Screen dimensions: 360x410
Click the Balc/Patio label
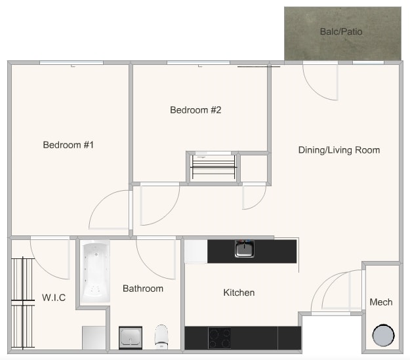pyautogui.click(x=341, y=31)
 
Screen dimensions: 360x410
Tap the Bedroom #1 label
pyautogui.click(x=69, y=145)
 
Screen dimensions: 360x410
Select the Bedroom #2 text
pyautogui.click(x=195, y=110)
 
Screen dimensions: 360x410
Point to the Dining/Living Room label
pyautogui.click(x=338, y=150)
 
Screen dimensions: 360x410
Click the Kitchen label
pyautogui.click(x=239, y=292)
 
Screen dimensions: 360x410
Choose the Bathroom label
pyautogui.click(x=143, y=289)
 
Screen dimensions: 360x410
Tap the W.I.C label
pyautogui.click(x=54, y=298)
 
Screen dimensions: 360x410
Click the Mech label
pyautogui.click(x=381, y=302)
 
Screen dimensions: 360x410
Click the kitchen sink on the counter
pyautogui.click(x=245, y=249)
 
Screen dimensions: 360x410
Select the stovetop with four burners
pyautogui.click(x=219, y=338)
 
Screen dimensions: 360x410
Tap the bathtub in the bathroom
pyautogui.click(x=96, y=272)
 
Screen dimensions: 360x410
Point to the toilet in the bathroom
pyautogui.click(x=162, y=336)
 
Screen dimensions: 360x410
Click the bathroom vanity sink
pyautogui.click(x=131, y=338)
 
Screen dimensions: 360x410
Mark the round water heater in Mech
pyautogui.click(x=383, y=335)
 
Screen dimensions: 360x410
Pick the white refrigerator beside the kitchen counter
pyautogui.click(x=195, y=251)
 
